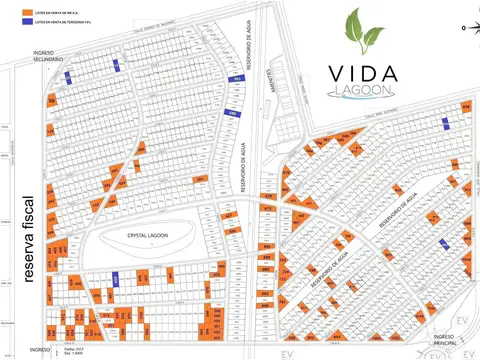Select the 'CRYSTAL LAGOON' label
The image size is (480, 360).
point(150,235)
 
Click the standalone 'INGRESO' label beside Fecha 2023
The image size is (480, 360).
point(40,349)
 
